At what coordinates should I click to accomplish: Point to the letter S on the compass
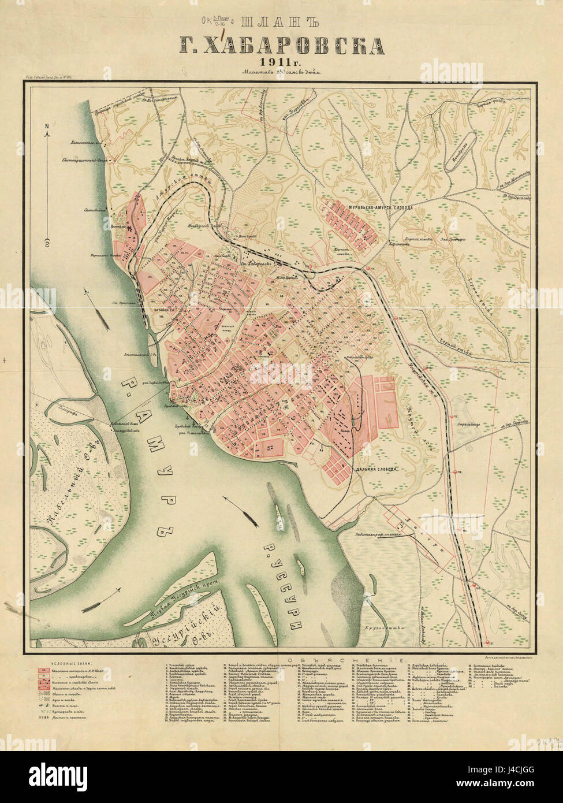coord(46,241)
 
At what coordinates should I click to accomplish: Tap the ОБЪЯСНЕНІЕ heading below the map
coord(335,659)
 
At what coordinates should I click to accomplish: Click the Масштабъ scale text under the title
coord(281,73)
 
